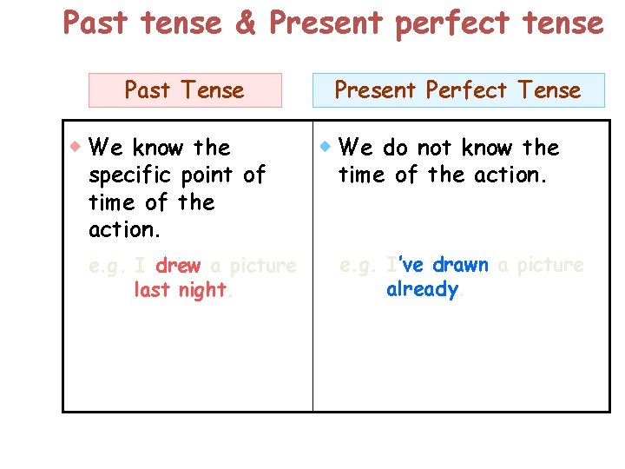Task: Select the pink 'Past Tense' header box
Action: [186, 90]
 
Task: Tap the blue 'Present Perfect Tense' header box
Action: [458, 90]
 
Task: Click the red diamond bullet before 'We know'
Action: [76, 145]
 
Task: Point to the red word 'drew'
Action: [178, 266]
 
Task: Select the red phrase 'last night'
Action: [180, 290]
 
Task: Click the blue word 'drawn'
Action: [460, 265]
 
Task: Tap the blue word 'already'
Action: [422, 289]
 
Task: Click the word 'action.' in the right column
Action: [511, 175]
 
